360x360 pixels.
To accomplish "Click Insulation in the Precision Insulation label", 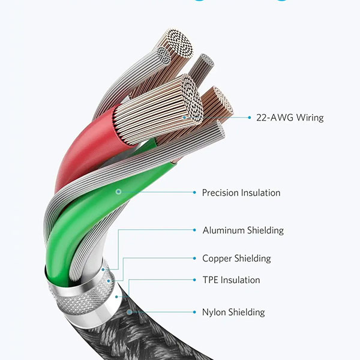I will [x=260, y=193].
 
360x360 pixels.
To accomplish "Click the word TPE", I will [x=211, y=280].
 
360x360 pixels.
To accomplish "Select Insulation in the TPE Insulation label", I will [x=241, y=280].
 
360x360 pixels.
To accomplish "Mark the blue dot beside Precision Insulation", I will [x=194, y=193].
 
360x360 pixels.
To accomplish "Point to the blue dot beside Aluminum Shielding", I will [x=194, y=230].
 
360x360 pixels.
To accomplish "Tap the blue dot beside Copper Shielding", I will [x=194, y=259].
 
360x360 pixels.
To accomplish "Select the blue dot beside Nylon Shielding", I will [x=194, y=312].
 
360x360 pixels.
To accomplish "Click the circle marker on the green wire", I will [x=119, y=192].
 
